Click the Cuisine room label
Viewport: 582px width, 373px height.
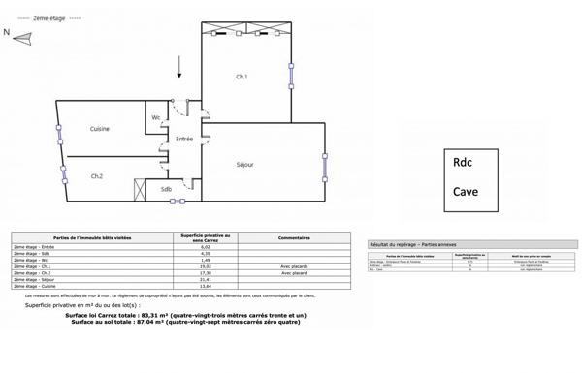pyautogui.click(x=99, y=129)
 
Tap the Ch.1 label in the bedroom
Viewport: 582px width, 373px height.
pyautogui.click(x=242, y=77)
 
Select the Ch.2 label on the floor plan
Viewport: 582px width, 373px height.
pyautogui.click(x=97, y=175)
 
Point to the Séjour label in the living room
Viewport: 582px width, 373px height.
pyautogui.click(x=245, y=165)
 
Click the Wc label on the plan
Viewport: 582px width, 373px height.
pyautogui.click(x=155, y=118)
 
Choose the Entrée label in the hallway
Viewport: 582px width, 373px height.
pyautogui.click(x=184, y=139)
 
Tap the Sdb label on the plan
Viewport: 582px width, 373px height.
pyautogui.click(x=166, y=189)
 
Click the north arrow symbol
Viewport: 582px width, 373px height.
pyautogui.click(x=21, y=38)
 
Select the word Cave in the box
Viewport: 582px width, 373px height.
pyautogui.click(x=466, y=191)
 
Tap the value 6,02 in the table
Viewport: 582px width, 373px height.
pyautogui.click(x=205, y=247)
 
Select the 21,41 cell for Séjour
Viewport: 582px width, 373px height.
pyautogui.click(x=205, y=280)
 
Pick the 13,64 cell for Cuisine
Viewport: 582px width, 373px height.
pyautogui.click(x=205, y=287)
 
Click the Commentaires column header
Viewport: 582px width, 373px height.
pyautogui.click(x=293, y=237)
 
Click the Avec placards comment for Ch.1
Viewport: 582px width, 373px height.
pyautogui.click(x=293, y=266)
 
